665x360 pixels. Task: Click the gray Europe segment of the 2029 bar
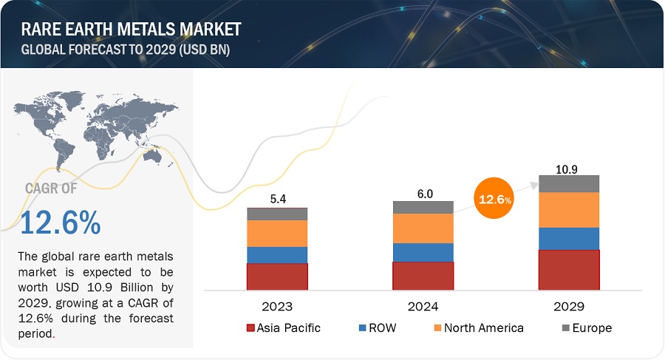tap(568, 183)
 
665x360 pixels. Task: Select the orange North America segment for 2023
tap(277, 234)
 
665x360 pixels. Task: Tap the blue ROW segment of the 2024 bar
tap(423, 252)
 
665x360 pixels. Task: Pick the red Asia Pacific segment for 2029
tap(568, 270)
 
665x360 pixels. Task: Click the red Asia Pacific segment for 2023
tap(277, 276)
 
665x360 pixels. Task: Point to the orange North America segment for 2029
tap(568, 210)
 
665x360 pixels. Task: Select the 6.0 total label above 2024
tap(423, 192)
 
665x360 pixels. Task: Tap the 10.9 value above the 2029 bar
tap(568, 167)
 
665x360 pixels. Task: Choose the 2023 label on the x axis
tap(277, 306)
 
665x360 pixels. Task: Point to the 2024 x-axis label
tap(423, 306)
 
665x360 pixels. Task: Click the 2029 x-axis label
tap(568, 306)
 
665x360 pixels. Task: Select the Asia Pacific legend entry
tap(284, 327)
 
